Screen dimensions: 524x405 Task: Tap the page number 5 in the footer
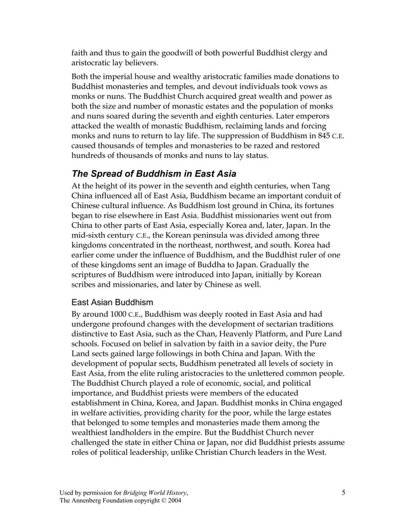343,492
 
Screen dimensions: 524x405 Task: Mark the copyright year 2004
173,501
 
